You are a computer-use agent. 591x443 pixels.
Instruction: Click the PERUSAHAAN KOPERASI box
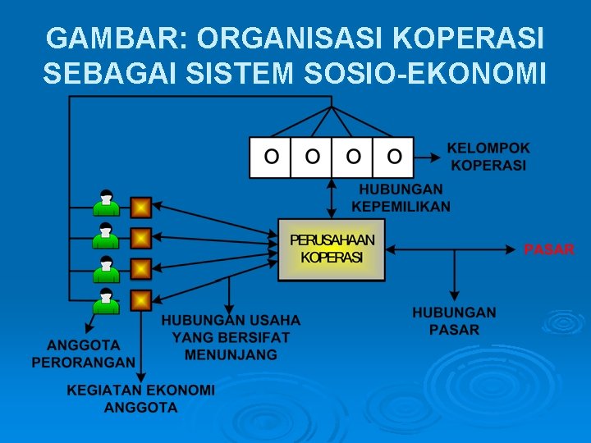pos(332,249)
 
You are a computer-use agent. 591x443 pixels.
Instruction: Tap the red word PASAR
pos(549,249)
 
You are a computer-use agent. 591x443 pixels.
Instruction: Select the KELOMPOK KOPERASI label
pos(488,157)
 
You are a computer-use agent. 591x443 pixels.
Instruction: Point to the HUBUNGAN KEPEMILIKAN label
pos(401,198)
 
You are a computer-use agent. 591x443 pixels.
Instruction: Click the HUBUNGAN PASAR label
pos(454,321)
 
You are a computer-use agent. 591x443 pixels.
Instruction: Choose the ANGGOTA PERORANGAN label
pos(84,353)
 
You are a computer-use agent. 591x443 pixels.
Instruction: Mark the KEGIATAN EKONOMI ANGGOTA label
pos(140,398)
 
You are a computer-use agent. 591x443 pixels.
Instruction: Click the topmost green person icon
pos(105,203)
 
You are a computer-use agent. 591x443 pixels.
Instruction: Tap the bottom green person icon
pos(105,301)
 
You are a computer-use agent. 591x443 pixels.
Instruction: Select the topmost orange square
pos(141,206)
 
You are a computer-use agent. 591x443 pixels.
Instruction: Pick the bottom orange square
pos(141,300)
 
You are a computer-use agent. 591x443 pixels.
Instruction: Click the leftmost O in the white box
pos(271,156)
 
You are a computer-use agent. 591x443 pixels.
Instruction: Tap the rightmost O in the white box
pos(394,156)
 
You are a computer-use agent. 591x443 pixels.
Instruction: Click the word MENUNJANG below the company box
pos(231,355)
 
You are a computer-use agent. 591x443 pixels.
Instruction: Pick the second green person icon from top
pos(105,235)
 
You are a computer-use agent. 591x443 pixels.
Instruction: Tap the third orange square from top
pos(141,269)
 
